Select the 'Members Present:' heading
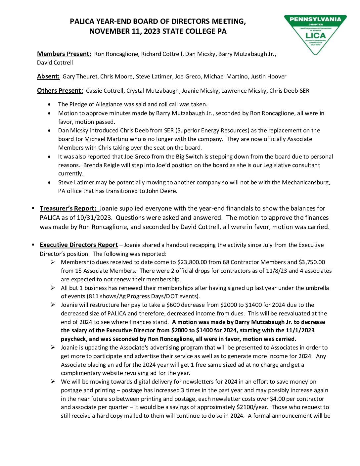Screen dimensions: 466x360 pyautogui.click(x=64, y=54)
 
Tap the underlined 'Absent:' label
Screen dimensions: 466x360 pyautogui.click(x=48, y=76)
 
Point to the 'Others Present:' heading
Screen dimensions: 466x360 pyautogui.click(x=60, y=91)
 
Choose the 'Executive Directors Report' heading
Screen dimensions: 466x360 pyautogui.click(x=79, y=245)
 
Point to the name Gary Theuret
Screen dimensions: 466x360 pyautogui.click(x=80, y=76)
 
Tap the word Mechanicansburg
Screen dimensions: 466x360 pyautogui.click(x=305, y=182)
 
